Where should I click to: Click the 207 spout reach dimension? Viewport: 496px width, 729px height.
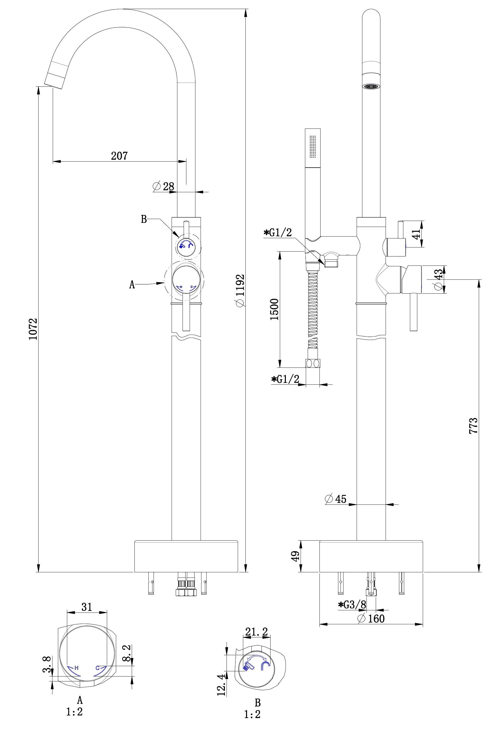tap(119, 156)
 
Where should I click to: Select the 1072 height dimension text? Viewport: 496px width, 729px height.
tap(33, 329)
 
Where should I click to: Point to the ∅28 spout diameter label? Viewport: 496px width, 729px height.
tap(163, 186)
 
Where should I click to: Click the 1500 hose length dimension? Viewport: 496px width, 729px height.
tap(274, 309)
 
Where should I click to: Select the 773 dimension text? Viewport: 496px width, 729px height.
tap(473, 426)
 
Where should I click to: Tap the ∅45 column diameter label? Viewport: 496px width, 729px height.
tap(336, 498)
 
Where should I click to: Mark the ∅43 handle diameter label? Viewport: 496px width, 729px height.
tap(439, 279)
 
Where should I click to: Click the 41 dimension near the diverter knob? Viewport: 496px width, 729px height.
tap(416, 234)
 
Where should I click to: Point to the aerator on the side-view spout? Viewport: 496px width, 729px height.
tap(371, 86)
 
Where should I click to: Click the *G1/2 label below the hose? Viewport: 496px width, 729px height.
tap(285, 379)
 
